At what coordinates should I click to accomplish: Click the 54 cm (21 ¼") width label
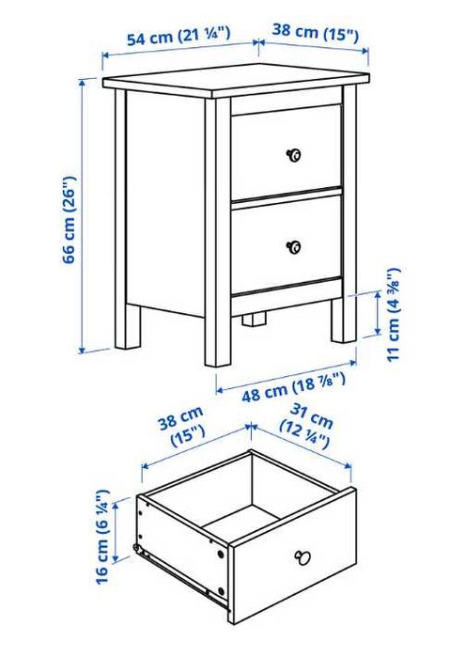tap(178, 38)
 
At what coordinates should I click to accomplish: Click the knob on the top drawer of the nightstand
tap(293, 154)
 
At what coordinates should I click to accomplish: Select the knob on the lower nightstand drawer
tap(293, 246)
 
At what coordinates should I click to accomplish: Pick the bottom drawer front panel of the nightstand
tap(286, 244)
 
